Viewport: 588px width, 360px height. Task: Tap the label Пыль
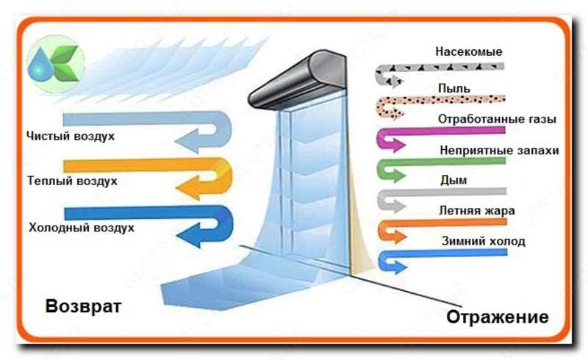click(x=454, y=88)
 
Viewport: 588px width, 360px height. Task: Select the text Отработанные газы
click(x=497, y=118)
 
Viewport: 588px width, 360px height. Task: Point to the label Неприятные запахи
click(x=499, y=150)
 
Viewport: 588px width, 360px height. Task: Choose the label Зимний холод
click(x=483, y=241)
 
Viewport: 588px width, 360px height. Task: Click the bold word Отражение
click(x=497, y=317)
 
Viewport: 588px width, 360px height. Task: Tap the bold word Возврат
click(x=83, y=305)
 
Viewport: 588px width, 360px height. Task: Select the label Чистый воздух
click(x=71, y=137)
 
